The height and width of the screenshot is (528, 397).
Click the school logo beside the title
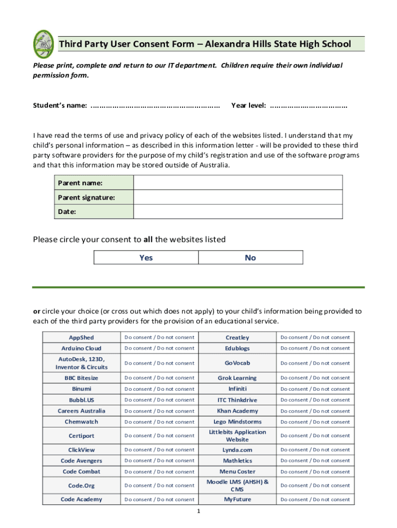[43, 44]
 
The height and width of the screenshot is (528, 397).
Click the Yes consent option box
[146, 258]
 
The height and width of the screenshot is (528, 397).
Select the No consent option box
[251, 258]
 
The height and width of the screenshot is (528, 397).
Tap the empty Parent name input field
[238, 183]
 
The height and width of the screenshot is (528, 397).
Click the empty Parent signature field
[238, 197]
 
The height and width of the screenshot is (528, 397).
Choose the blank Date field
[238, 211]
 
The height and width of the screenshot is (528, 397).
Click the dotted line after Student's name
[155, 106]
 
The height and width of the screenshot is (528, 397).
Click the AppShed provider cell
[81, 338]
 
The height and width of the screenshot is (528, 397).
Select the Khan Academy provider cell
[237, 411]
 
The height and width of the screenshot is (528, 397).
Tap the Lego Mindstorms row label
[237, 422]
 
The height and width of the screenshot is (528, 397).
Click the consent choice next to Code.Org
[159, 485]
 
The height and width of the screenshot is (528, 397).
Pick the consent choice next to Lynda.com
[315, 450]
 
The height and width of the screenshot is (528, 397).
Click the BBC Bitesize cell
[81, 378]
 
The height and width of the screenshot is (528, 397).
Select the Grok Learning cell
[237, 378]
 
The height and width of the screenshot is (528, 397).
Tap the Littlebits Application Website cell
[237, 436]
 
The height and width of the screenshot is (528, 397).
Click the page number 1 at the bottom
[198, 511]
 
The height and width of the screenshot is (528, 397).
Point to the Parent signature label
[79, 197]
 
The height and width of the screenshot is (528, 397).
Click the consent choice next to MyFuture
[315, 499]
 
